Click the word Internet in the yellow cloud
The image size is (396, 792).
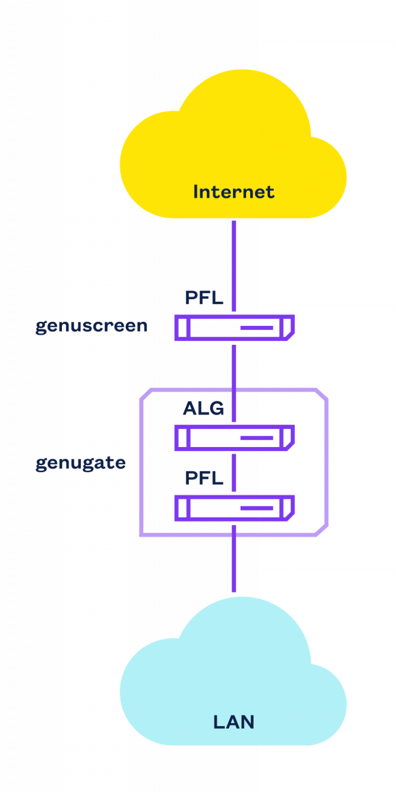click(234, 192)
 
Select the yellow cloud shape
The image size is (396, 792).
click(234, 148)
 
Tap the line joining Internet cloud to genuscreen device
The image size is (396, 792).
click(234, 266)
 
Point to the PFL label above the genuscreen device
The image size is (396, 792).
click(204, 298)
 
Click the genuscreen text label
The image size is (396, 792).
click(91, 326)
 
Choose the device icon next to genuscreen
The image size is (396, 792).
click(235, 328)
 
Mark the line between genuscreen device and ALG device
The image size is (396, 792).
click(234, 383)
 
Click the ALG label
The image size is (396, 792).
click(203, 408)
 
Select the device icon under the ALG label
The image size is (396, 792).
click(235, 438)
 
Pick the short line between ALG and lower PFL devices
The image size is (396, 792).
click(234, 473)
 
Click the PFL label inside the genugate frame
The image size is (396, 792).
click(204, 478)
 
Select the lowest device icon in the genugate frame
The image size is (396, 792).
click(235, 508)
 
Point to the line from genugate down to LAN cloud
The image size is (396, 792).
click(234, 558)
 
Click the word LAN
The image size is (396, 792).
click(234, 722)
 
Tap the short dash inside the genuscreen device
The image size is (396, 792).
click(257, 328)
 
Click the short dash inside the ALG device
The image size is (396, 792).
click(257, 438)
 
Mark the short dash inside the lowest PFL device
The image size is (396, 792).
click(257, 508)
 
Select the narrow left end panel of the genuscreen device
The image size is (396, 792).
click(183, 328)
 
